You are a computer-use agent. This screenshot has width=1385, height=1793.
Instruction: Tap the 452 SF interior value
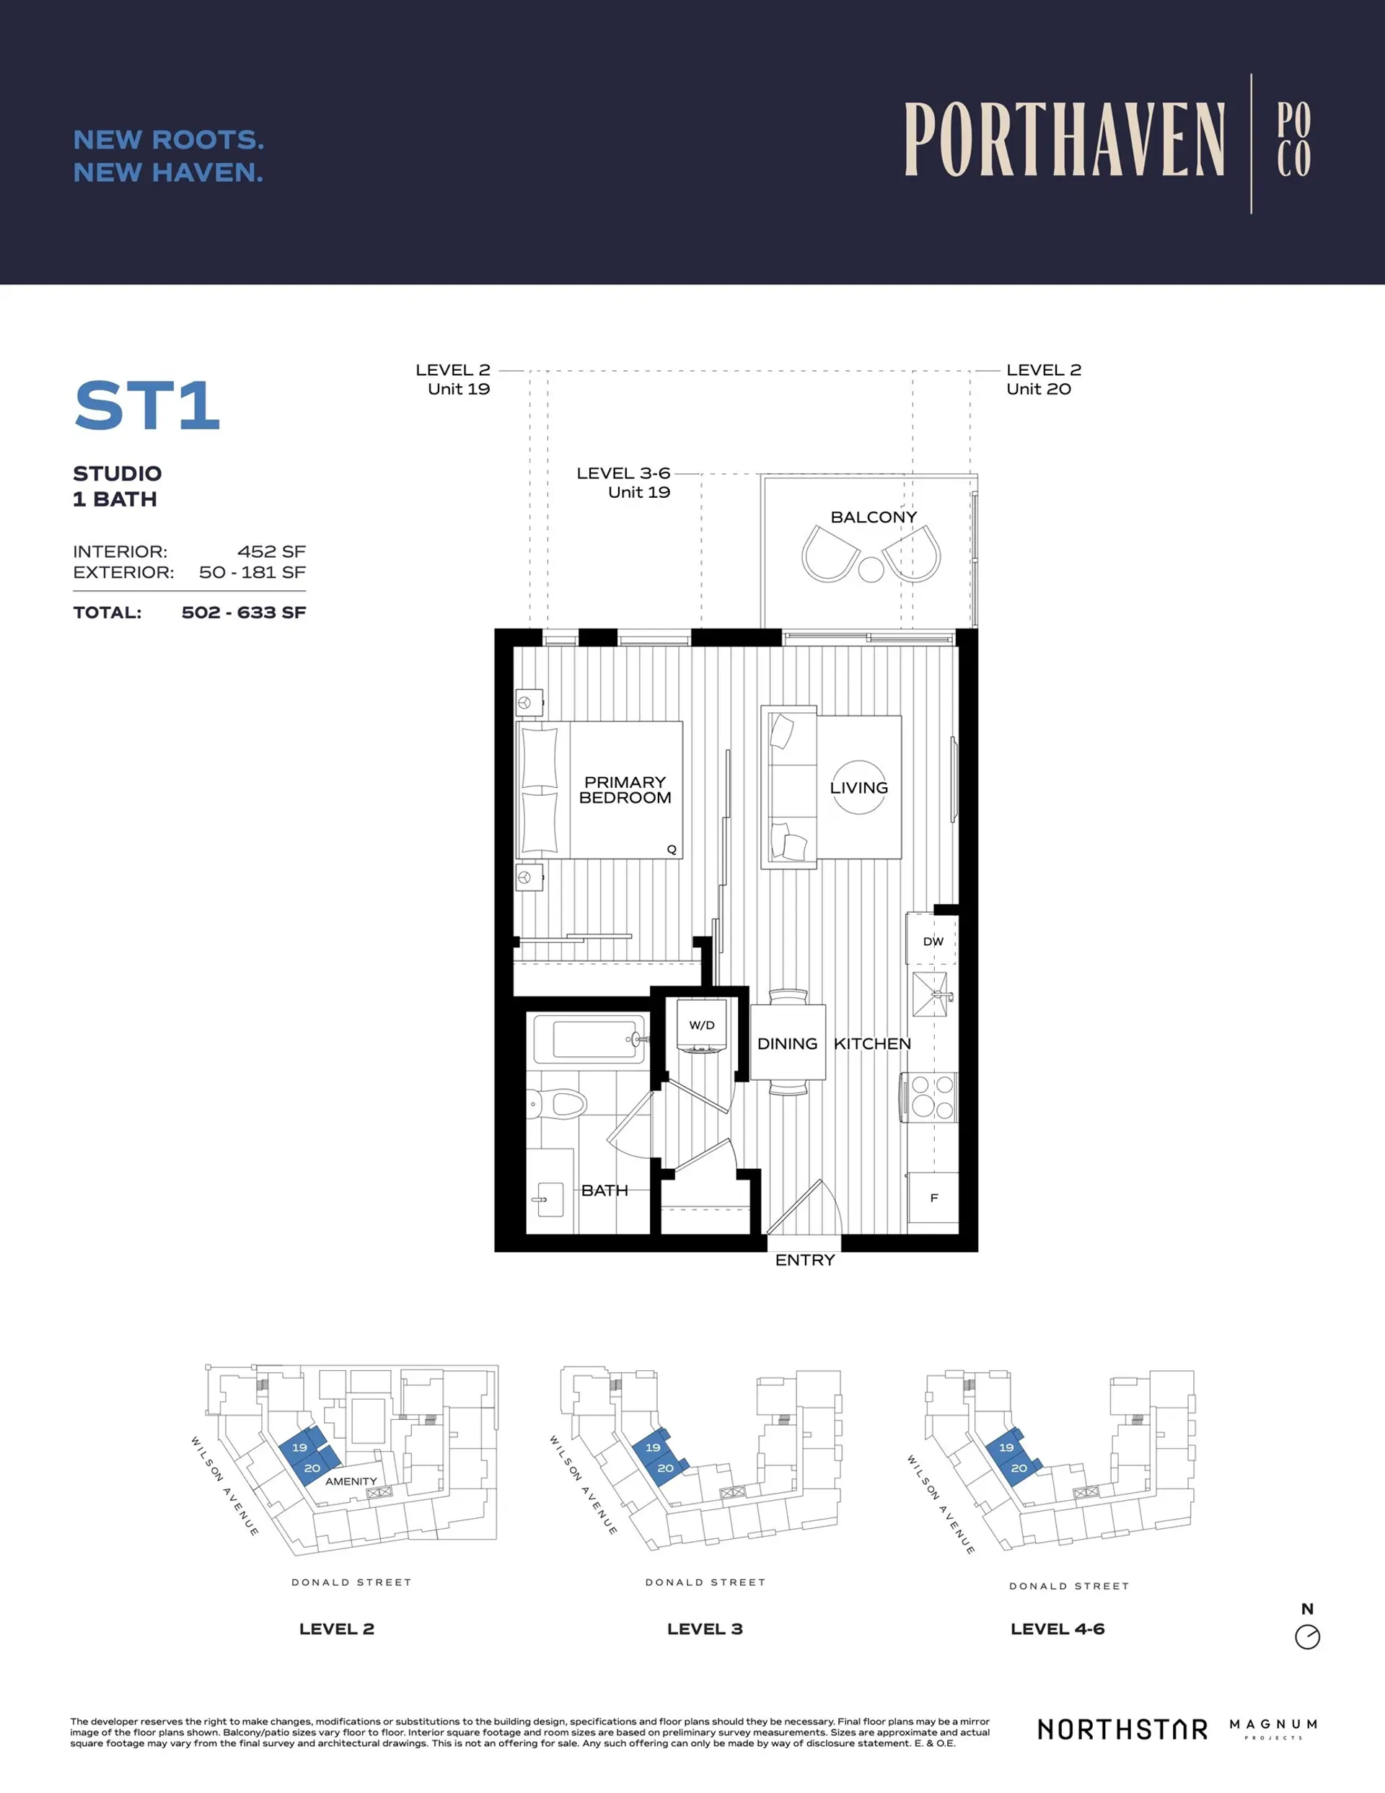(271, 552)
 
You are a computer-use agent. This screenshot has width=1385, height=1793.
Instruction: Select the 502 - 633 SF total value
(243, 613)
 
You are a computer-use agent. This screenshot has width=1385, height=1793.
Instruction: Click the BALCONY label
(874, 517)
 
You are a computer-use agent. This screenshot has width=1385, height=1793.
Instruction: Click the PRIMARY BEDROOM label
(625, 790)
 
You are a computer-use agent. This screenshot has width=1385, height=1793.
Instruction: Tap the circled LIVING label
(858, 787)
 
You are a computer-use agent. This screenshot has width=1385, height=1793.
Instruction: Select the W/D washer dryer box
(701, 1025)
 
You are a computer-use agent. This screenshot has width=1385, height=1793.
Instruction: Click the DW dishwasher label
(933, 942)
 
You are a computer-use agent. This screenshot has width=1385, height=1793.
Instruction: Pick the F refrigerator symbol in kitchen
(933, 1198)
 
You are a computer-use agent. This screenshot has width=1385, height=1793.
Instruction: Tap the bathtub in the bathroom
(589, 1039)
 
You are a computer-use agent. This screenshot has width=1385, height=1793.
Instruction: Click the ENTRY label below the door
(804, 1261)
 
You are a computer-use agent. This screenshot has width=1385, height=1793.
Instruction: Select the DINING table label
(787, 1043)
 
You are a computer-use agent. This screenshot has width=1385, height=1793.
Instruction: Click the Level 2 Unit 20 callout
(1042, 380)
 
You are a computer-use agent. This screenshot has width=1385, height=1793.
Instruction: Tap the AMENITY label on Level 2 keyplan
(351, 1481)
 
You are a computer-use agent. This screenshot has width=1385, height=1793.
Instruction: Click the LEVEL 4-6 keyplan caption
(1058, 1628)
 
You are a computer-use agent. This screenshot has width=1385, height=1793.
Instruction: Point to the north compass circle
(1307, 1637)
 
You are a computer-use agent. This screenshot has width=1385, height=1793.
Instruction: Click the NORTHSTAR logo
(1122, 1729)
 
